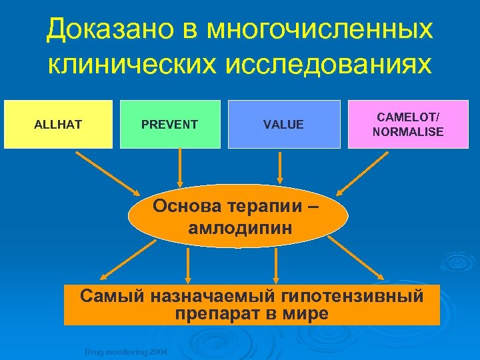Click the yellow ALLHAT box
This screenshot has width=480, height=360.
click(58, 124)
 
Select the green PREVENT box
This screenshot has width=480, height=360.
click(170, 124)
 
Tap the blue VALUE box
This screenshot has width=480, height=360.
click(284, 124)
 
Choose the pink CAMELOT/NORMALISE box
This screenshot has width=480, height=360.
click(408, 124)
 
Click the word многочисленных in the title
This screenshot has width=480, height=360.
click(319, 29)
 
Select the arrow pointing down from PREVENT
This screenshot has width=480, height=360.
click(179, 167)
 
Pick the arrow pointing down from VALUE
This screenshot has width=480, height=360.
click(281, 167)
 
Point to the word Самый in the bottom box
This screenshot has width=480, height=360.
click(107, 296)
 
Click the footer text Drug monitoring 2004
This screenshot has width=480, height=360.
click(125, 351)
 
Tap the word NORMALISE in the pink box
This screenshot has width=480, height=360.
click(408, 131)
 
